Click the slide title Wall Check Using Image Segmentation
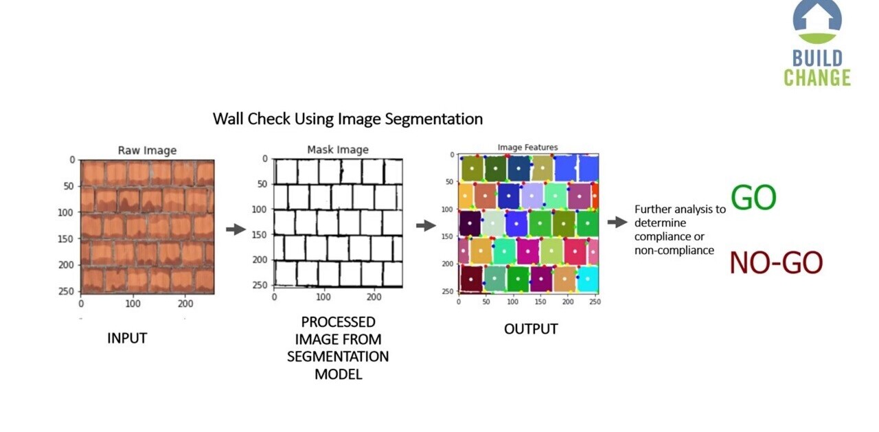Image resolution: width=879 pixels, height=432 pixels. (347, 119)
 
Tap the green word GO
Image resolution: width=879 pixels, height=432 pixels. (753, 198)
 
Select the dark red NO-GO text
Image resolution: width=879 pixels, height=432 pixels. (775, 263)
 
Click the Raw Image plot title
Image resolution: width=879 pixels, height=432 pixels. (147, 150)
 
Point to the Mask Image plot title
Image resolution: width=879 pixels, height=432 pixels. (337, 150)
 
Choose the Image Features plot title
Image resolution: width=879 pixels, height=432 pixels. (527, 147)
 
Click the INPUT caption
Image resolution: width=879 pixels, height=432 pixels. (127, 338)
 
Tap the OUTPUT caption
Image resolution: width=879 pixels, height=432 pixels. (531, 329)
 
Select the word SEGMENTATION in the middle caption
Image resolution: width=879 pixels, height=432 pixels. (338, 356)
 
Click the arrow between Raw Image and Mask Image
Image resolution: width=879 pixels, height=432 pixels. (236, 229)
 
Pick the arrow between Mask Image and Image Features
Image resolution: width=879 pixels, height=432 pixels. (426, 225)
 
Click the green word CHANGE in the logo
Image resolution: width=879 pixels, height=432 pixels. (817, 78)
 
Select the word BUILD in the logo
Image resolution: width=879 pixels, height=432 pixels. (817, 58)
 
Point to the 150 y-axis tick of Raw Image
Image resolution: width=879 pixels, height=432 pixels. (67, 238)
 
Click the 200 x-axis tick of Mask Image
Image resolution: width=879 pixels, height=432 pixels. (374, 297)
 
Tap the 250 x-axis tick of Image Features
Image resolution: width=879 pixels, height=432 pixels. (595, 301)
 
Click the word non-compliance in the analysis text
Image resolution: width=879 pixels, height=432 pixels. (674, 251)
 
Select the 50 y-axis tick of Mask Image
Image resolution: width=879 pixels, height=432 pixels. (262, 184)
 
